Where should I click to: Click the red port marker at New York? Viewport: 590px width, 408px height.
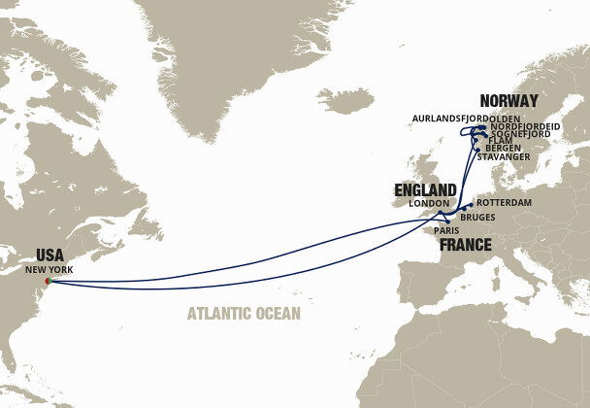tap(47, 283)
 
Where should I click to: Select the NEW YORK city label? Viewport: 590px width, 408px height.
tap(49, 269)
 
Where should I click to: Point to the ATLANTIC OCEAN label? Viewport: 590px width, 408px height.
tap(245, 313)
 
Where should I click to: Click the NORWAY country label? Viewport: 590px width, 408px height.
tap(509, 100)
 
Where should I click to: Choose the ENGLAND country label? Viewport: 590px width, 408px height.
tap(424, 189)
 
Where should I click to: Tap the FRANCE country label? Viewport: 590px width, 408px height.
tap(472, 247)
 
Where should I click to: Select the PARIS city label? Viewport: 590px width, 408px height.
tap(446, 231)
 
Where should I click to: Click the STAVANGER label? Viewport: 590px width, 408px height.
tap(504, 156)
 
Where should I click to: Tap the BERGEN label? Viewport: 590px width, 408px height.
tap(502, 148)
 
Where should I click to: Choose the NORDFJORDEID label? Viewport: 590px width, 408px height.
tap(523, 125)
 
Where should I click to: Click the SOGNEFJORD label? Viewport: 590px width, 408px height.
tap(518, 133)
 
